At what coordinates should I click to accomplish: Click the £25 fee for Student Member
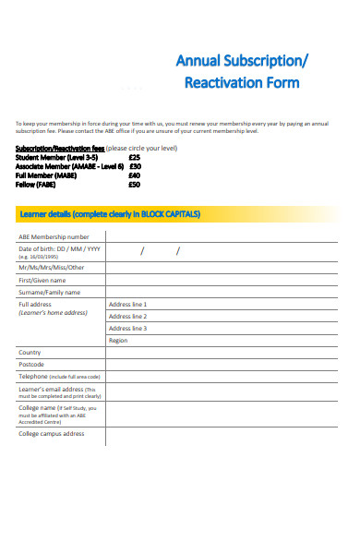[135, 158]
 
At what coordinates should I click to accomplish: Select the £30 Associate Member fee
[135, 166]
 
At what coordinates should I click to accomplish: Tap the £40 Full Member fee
[135, 175]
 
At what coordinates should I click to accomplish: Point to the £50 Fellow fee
[135, 185]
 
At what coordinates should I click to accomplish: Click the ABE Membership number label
[54, 237]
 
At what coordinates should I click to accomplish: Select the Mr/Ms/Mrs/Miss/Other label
[50, 268]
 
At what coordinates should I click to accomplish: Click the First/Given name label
[42, 280]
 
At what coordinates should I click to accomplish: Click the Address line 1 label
[127, 304]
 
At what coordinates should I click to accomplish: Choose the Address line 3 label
[127, 328]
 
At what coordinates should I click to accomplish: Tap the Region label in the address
[118, 341]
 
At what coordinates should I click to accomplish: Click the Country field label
[30, 353]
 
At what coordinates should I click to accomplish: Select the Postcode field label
[31, 365]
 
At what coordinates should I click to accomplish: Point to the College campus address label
[52, 433]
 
